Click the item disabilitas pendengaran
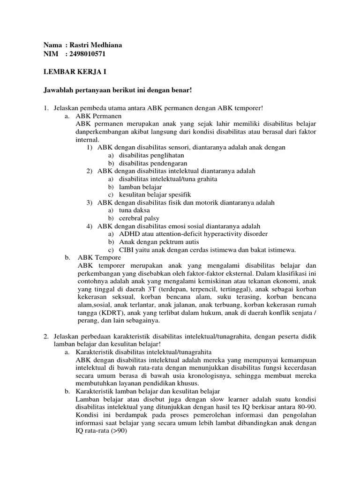153,163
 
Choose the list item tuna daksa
135,210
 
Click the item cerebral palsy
139,218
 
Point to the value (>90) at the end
112,431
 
